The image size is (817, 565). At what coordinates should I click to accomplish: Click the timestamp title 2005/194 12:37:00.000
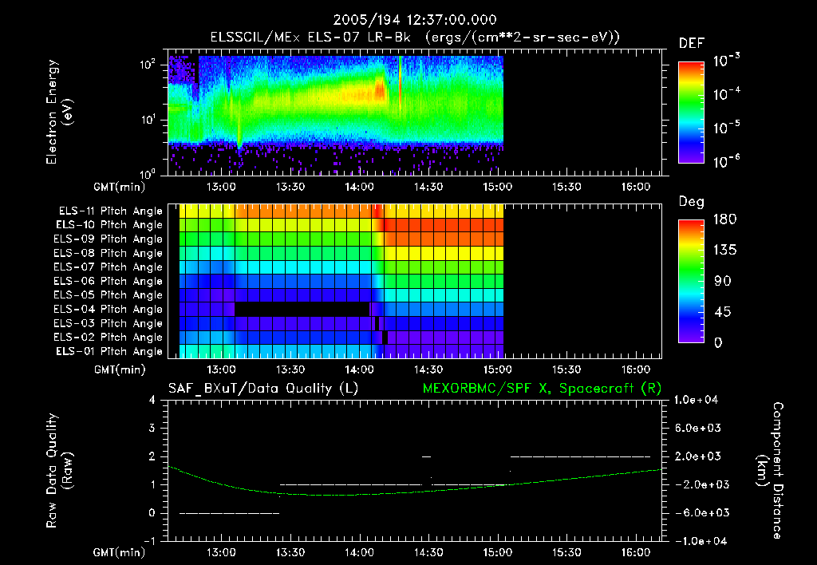coord(408,19)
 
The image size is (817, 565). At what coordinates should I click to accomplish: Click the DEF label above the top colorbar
coord(691,43)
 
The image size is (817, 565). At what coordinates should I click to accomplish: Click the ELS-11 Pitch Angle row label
coord(110,211)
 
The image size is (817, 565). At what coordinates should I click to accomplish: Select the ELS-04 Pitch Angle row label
coord(110,310)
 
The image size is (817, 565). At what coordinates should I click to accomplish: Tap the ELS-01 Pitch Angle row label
coord(110,352)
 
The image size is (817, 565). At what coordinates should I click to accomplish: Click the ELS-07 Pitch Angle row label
coord(110,267)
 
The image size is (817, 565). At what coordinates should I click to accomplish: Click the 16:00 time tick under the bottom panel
coord(634,551)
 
